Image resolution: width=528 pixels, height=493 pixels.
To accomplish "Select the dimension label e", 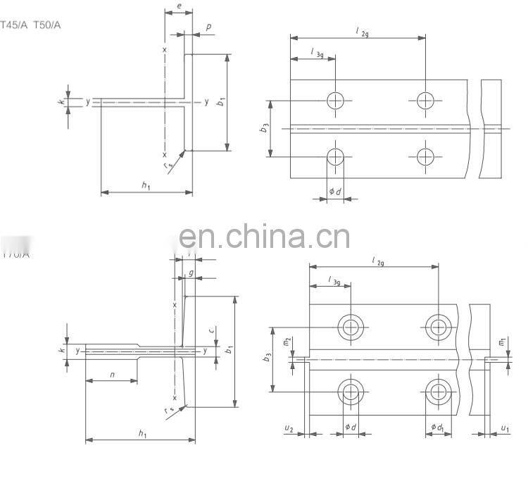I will click(179, 6).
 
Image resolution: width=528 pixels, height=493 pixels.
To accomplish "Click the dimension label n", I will click(112, 374).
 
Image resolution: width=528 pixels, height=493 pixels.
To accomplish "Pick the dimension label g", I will click(191, 273).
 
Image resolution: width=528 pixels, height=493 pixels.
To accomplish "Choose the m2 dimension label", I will click(287, 342).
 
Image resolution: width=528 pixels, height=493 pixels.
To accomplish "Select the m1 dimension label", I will click(502, 342).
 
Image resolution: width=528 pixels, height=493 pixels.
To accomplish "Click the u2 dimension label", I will click(289, 428).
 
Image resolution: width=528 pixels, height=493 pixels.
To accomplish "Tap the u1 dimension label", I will click(505, 428).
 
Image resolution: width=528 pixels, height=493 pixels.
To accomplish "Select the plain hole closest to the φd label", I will click(336, 156).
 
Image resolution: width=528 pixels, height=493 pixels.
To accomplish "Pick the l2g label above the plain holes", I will click(361, 31).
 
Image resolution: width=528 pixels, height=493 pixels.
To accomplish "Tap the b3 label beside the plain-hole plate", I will click(265, 128).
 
